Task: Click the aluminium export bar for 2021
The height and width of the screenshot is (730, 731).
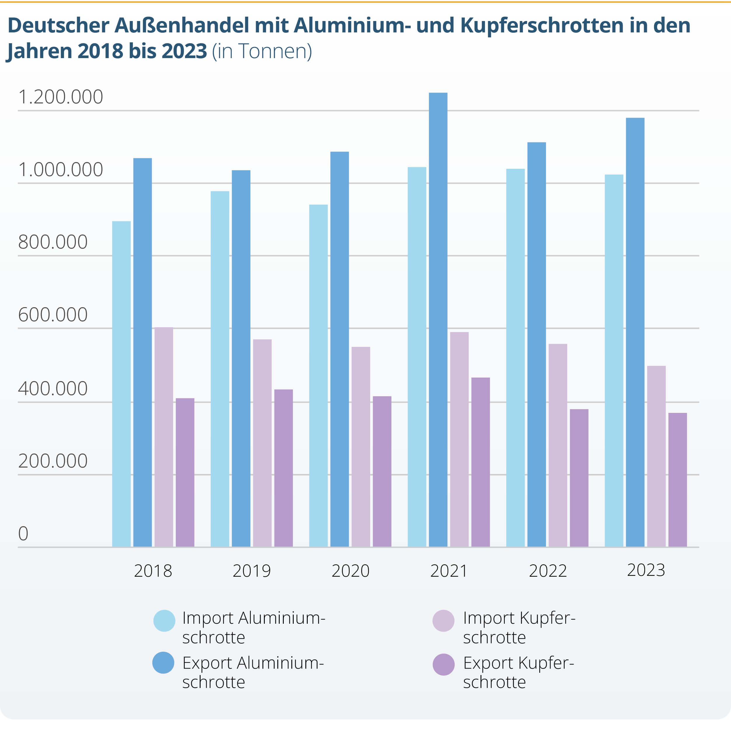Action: click(438, 320)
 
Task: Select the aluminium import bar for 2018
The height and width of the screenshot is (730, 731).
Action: click(121, 384)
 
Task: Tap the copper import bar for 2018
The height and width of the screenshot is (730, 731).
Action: click(164, 437)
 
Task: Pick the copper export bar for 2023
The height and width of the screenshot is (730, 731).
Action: click(678, 479)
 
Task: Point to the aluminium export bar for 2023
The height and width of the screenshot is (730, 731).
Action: click(635, 332)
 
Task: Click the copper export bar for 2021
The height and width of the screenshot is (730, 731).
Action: click(481, 462)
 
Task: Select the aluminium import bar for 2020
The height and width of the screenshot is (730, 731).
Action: click(318, 376)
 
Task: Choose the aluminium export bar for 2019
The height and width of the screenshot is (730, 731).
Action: click(241, 358)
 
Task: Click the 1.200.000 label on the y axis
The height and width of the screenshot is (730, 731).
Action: click(60, 97)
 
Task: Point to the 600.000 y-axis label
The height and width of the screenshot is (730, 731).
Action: click(53, 314)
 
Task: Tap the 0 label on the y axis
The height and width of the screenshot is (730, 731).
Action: click(23, 533)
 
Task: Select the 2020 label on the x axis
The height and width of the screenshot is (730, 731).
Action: click(350, 571)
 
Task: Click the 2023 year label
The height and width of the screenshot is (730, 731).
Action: click(646, 570)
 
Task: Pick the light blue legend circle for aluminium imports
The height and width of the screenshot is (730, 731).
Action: click(164, 620)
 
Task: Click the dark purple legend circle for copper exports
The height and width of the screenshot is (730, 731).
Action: click(443, 665)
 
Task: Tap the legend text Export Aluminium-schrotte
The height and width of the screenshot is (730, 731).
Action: click(253, 672)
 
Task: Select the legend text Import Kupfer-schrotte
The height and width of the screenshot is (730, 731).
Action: click(519, 628)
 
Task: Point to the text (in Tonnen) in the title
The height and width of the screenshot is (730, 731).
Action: click(262, 51)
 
